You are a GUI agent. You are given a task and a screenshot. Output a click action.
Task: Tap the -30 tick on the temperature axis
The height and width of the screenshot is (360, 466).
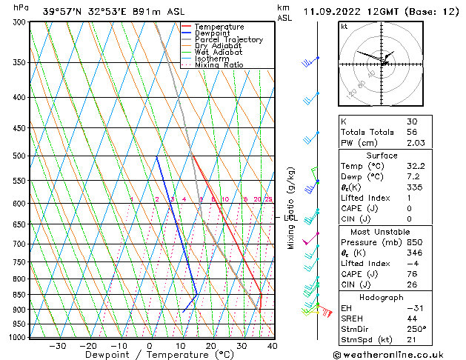tap(57, 346)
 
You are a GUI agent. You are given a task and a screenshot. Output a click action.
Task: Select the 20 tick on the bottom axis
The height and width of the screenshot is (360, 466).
tap(210, 346)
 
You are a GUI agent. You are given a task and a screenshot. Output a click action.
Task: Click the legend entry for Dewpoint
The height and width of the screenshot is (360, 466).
tap(213, 33)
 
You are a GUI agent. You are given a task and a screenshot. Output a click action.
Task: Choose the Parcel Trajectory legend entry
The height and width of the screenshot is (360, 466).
tap(228, 40)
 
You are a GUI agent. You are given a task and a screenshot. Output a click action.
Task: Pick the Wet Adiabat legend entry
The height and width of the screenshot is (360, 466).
tap(218, 53)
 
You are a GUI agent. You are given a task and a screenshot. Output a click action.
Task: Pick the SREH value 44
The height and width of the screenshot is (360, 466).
tap(411, 318)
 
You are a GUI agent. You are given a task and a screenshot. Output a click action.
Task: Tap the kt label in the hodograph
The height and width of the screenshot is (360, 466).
tap(344, 27)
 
